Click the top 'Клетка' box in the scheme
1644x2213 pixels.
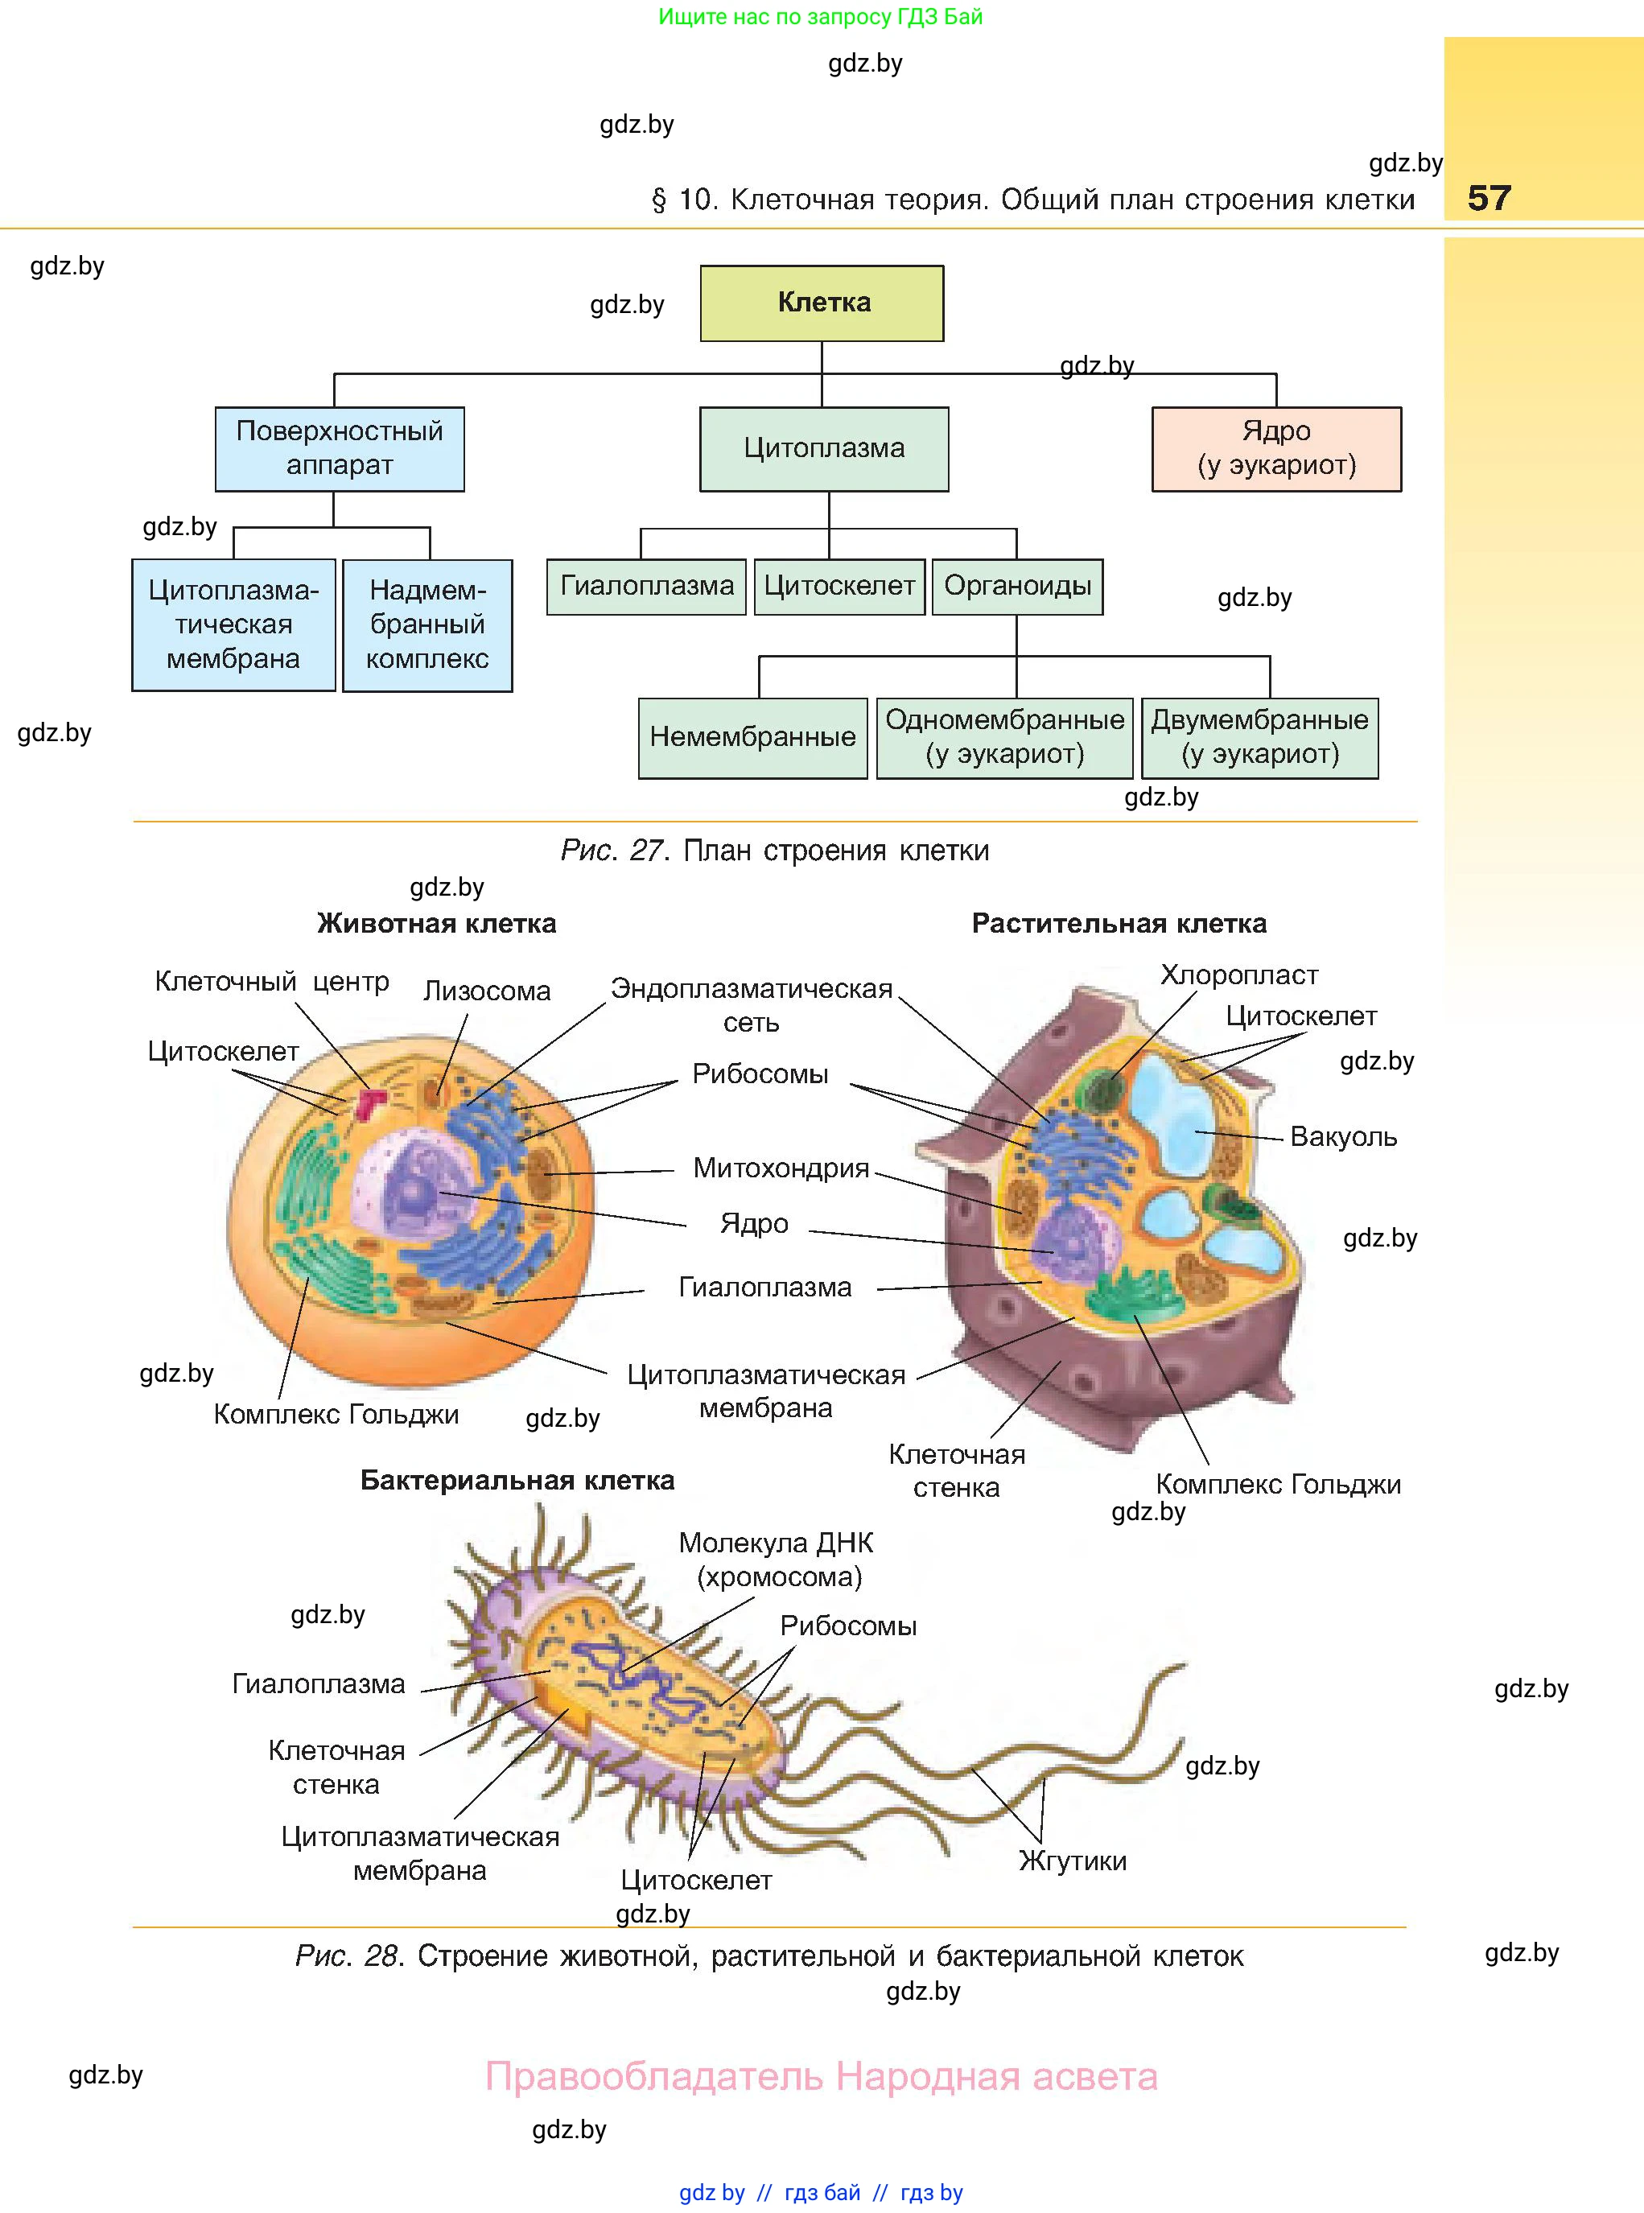click(822, 303)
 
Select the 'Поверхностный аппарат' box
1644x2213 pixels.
click(340, 449)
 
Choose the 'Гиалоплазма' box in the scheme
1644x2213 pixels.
click(646, 586)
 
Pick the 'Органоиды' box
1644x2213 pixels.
click(1017, 586)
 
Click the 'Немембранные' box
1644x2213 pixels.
click(752, 737)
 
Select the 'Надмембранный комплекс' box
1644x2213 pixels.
click(427, 625)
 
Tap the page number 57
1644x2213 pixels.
click(1489, 198)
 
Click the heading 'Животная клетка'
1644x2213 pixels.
click(436, 923)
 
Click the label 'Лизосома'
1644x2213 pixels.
click(487, 991)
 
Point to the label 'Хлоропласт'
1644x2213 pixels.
click(1239, 975)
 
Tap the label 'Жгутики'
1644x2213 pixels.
click(1072, 1861)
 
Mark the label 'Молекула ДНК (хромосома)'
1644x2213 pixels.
click(777, 1560)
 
